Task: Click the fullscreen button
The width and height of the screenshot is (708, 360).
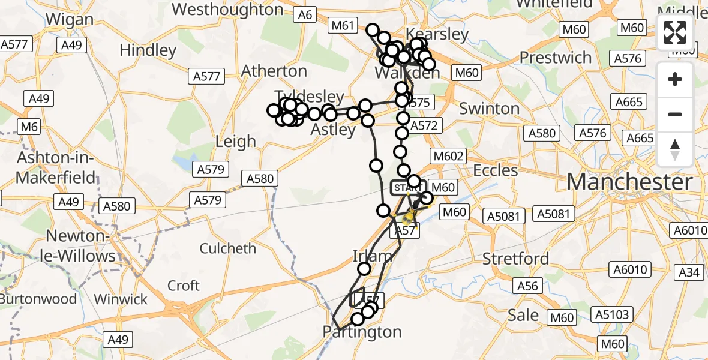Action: (675, 32)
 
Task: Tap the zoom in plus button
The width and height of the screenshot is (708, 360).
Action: (675, 79)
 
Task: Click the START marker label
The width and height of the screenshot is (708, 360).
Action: (407, 188)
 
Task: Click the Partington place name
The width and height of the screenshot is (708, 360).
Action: (362, 332)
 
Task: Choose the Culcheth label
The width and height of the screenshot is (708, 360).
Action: (227, 248)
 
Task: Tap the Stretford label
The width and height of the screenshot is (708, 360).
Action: (516, 259)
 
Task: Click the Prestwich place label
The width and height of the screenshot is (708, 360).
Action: (556, 58)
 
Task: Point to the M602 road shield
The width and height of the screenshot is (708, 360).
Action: (448, 156)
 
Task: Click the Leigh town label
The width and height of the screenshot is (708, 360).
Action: (236, 142)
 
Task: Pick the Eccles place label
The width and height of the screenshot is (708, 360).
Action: (495, 170)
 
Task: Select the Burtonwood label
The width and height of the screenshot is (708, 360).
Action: (39, 299)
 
